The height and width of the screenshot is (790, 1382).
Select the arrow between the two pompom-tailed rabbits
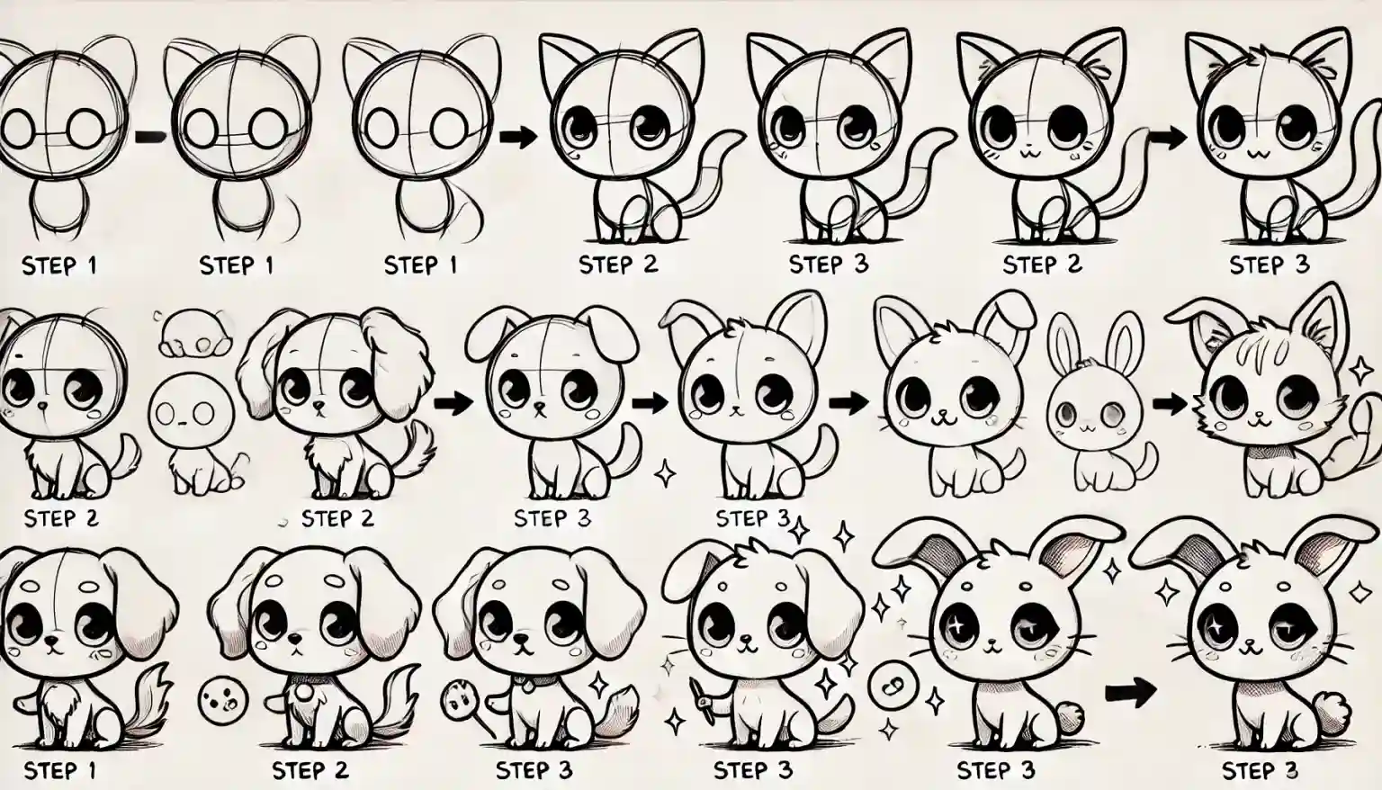tap(1129, 692)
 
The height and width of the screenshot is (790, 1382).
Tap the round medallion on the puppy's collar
tap(304, 694)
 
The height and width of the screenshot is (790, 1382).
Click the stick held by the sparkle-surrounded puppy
tap(701, 697)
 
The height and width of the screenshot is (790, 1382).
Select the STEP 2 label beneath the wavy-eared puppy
tap(337, 519)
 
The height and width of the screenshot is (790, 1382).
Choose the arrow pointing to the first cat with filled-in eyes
tap(515, 137)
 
